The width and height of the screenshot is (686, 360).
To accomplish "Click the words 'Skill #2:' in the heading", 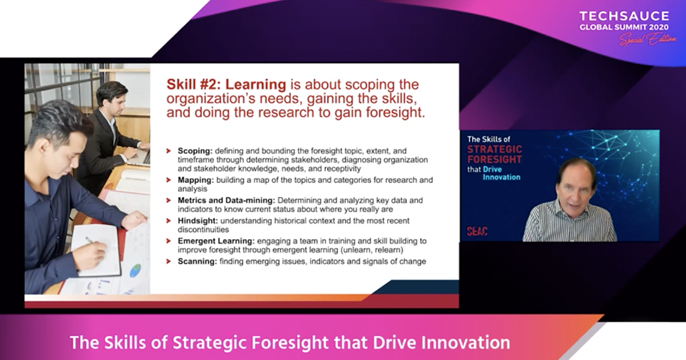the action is pos(194,85).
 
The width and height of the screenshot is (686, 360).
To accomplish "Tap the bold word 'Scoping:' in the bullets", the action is pos(195,151).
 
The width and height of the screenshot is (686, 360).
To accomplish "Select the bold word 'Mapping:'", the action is pos(196,180).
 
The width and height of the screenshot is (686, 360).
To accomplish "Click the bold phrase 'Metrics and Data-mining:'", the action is pos(226,200).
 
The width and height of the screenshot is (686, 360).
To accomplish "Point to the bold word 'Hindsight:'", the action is pos(198,221).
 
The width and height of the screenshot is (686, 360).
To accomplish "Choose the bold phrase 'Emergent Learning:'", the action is pos(216,241).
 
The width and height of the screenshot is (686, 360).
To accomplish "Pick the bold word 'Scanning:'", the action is pos(197,262).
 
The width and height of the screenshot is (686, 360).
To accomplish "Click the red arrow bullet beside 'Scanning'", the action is pos(169,262).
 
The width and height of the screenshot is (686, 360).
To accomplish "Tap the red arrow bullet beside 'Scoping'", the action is pos(169,151).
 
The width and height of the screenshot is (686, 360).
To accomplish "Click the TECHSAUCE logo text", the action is pos(624,16).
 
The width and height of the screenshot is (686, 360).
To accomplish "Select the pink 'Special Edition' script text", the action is pos(647,39).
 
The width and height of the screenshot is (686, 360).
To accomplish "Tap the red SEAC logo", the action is pos(477,231).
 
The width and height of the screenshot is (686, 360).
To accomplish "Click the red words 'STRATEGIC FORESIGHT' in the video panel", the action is pos(494,154).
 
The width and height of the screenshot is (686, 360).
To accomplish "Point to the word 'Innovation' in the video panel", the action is pos(501,177).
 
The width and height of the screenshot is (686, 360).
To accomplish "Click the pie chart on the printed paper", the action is pos(135,271).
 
